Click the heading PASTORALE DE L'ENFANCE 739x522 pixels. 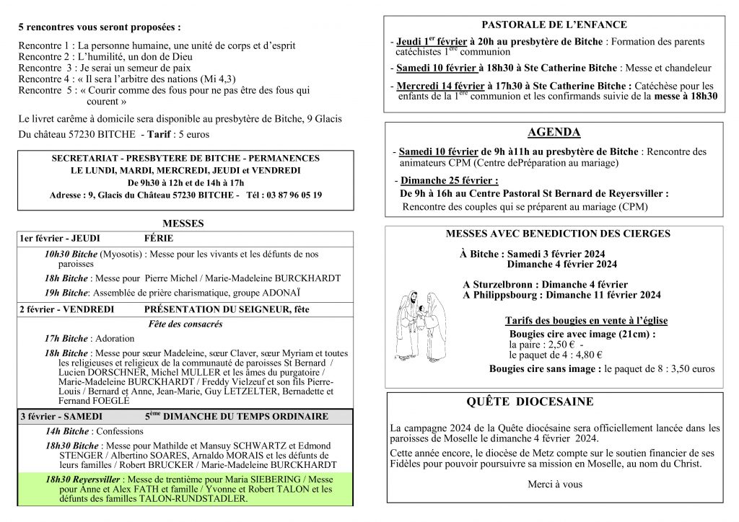coord(554,25)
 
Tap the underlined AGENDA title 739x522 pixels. coord(554,133)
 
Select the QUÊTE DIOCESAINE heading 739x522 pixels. coord(530,402)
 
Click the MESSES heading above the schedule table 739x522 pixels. coord(183,224)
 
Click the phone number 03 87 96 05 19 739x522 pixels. coord(284,195)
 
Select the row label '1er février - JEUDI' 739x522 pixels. coord(60,239)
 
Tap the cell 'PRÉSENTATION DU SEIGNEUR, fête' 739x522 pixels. coord(227,309)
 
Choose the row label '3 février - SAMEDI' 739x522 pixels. coord(61,417)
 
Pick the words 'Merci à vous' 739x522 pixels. coord(554,485)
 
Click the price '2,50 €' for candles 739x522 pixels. coord(558,345)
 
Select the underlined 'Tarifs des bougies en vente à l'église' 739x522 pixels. coord(586,321)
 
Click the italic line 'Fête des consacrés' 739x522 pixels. coord(185,324)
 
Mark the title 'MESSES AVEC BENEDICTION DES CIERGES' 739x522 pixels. coord(558,234)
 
